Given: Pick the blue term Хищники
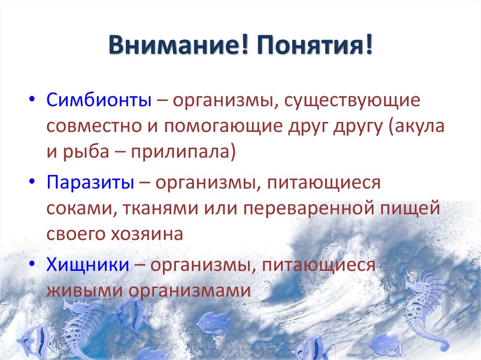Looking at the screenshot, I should coord(88,265).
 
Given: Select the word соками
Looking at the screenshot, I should coord(78,208).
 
